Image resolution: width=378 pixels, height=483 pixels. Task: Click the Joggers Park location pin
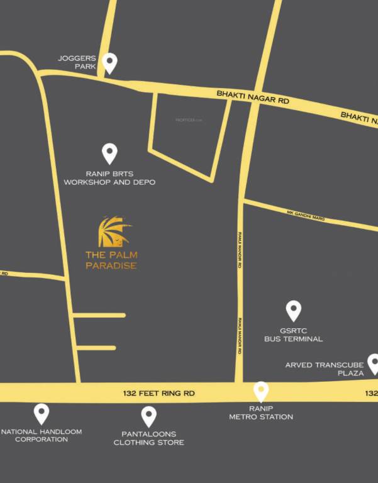click(110, 62)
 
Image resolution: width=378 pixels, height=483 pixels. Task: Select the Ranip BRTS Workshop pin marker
click(109, 153)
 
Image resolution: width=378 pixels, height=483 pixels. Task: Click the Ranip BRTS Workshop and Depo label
click(109, 177)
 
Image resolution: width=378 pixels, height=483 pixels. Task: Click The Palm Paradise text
click(111, 260)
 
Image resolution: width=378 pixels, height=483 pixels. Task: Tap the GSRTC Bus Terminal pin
click(293, 310)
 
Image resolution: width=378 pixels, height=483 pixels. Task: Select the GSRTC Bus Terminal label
click(293, 335)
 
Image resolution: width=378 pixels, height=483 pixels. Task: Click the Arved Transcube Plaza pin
click(374, 363)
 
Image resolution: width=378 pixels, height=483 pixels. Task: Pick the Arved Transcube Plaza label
click(325, 369)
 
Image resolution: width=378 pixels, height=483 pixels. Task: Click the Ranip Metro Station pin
click(260, 391)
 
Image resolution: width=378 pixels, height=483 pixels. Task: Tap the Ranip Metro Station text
click(260, 413)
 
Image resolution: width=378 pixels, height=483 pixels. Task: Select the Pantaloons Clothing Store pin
click(148, 415)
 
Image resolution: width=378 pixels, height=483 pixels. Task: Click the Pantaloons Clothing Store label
click(148, 438)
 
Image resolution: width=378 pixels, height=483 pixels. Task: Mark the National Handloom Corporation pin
click(42, 413)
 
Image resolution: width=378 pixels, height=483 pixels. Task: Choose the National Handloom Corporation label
click(42, 435)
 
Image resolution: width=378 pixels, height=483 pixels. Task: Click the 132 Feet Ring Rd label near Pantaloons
click(159, 393)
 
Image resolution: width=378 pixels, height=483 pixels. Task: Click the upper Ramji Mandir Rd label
click(240, 250)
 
